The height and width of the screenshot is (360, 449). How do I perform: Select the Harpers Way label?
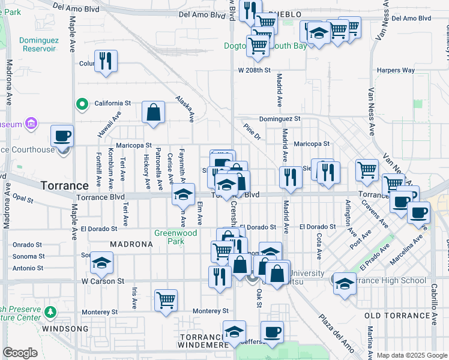396,70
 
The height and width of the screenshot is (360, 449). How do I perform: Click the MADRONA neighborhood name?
131,244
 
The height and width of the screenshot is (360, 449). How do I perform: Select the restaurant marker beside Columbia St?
106,61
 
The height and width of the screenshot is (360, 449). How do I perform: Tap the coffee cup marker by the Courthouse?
62,136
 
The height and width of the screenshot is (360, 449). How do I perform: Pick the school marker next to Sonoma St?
102,263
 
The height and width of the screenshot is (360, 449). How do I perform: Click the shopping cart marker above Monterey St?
166,301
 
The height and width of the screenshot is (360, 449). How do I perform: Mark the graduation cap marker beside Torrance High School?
345,284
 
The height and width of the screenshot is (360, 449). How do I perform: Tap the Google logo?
20,353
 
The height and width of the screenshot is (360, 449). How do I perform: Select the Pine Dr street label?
253,132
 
